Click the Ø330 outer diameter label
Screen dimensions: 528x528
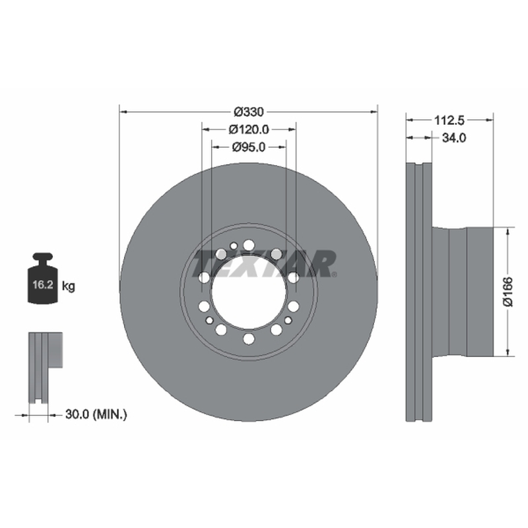point(249,112)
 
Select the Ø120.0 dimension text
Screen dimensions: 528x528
point(249,129)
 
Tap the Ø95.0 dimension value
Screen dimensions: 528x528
point(249,147)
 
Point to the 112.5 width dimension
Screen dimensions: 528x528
point(449,120)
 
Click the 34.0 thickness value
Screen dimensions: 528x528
point(454,138)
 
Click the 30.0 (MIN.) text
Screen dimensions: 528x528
point(96,414)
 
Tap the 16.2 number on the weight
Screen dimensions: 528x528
point(43,285)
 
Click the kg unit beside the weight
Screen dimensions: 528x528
point(69,286)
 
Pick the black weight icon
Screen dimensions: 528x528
point(43,279)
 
